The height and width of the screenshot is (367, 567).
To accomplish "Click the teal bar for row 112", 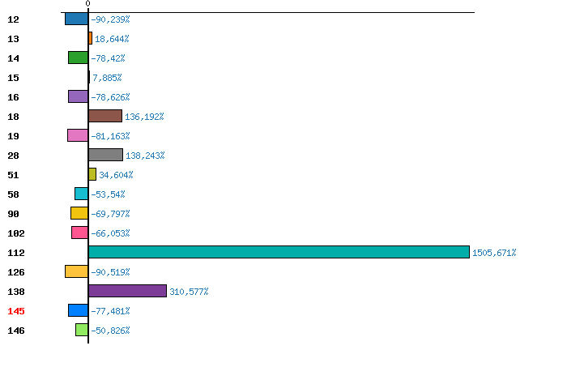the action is click(x=279, y=252).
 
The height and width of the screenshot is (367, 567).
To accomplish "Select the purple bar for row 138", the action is click(x=127, y=291).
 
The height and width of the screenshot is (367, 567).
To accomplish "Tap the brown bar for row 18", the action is click(x=105, y=116).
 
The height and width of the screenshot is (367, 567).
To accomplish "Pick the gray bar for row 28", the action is click(x=105, y=155).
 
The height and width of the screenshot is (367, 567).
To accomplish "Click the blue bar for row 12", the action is click(x=77, y=19).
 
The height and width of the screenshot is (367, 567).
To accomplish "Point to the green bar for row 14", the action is click(x=78, y=58).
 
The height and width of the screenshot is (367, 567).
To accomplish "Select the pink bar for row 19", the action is click(x=78, y=135).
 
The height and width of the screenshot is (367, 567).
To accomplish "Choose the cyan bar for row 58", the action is click(x=81, y=194).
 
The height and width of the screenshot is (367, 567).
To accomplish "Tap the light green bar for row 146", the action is click(x=82, y=330).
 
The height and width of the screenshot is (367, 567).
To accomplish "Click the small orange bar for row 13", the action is click(x=90, y=38).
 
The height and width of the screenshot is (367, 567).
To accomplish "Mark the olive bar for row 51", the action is click(x=92, y=174).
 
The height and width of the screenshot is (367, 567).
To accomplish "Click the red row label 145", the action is click(x=16, y=311).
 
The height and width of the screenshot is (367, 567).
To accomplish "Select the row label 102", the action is click(x=16, y=233).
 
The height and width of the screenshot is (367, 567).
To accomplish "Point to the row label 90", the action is click(x=14, y=214).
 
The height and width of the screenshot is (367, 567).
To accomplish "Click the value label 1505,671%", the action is click(x=494, y=253).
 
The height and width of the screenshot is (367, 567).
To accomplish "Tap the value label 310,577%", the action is click(x=189, y=292).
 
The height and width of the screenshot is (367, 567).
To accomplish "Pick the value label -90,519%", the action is click(x=110, y=272).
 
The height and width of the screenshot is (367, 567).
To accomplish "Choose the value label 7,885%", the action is click(x=107, y=78).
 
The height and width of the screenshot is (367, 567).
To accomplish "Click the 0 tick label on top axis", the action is click(x=87, y=3).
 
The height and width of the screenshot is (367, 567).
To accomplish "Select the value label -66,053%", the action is click(x=110, y=233).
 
